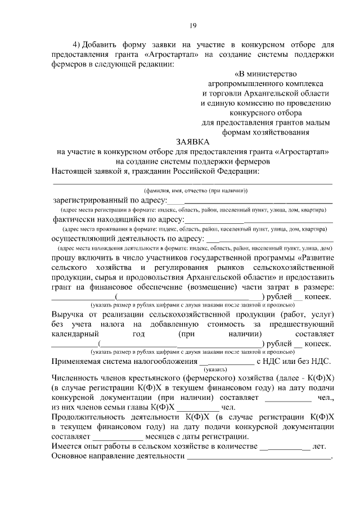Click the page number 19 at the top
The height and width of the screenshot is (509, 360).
coord(192,25)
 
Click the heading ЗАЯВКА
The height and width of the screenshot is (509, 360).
coord(192,142)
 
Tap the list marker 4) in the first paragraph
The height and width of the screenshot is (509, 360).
coord(78,44)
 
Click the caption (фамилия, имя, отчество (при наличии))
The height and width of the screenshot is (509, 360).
coord(192,191)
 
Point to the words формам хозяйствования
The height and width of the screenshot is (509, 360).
coord(274,132)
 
